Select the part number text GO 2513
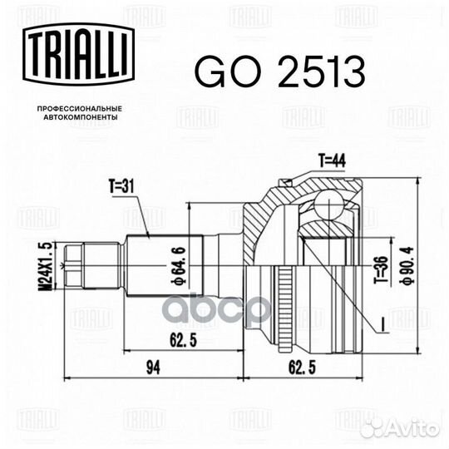(x=279, y=73)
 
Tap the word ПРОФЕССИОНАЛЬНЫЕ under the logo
(x=80, y=109)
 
